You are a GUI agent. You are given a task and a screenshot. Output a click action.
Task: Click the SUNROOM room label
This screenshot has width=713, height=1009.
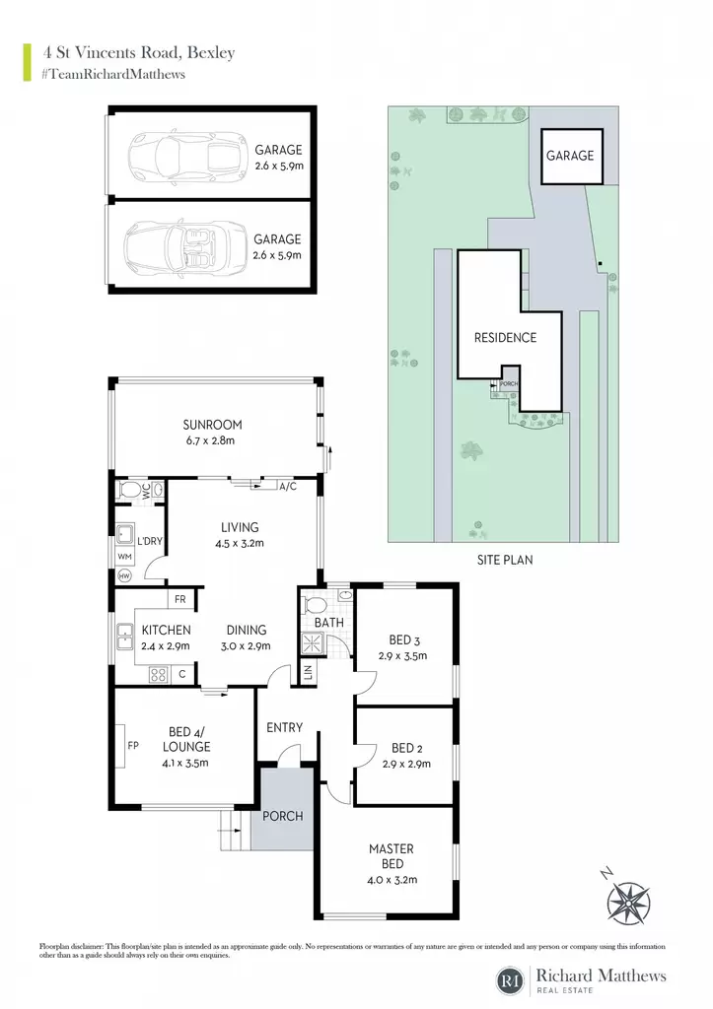pyautogui.click(x=213, y=425)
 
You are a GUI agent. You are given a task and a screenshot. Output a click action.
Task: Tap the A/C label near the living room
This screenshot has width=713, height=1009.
pyautogui.click(x=288, y=487)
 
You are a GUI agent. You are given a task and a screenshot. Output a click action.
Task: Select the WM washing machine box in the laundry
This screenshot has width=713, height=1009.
pyautogui.click(x=124, y=557)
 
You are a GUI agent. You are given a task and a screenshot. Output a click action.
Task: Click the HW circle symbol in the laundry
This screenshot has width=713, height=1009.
pyautogui.click(x=124, y=575)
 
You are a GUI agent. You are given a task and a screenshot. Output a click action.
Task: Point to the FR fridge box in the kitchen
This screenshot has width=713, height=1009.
pyautogui.click(x=180, y=599)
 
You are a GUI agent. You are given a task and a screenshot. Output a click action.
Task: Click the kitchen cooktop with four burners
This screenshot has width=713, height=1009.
pyautogui.click(x=159, y=674)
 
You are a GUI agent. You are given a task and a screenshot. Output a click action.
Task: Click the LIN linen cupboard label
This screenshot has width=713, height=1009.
pyautogui.click(x=308, y=672)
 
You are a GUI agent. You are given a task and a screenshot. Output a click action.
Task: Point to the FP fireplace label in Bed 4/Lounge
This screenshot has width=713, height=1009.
pyautogui.click(x=133, y=746)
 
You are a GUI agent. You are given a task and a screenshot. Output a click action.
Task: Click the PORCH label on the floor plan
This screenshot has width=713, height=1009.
pyautogui.click(x=283, y=816)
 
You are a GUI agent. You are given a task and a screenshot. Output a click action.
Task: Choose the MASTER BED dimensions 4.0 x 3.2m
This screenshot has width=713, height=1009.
pyautogui.click(x=392, y=880)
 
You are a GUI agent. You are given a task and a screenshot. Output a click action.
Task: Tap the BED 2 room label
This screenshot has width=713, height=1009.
pyautogui.click(x=407, y=749)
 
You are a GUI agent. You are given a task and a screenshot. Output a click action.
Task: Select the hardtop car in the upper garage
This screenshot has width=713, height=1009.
pyautogui.click(x=187, y=157)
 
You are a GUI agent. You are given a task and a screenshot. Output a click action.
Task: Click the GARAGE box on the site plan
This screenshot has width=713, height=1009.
pyautogui.click(x=571, y=157)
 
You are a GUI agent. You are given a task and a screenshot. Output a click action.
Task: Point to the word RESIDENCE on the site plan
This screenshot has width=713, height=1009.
pyautogui.click(x=505, y=338)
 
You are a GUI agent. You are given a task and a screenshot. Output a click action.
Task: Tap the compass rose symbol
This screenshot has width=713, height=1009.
pyautogui.click(x=628, y=904)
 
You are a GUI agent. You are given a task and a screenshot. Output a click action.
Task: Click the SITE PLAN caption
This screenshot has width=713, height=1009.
pyautogui.click(x=505, y=560)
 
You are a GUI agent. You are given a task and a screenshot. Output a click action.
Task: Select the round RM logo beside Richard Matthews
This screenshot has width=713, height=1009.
pyautogui.click(x=511, y=980)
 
